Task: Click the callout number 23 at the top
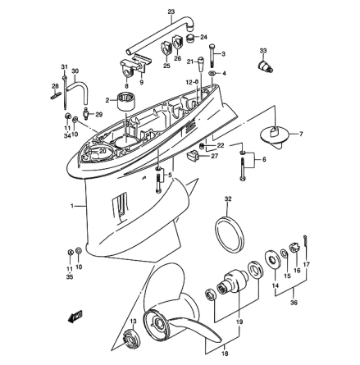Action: tap(171, 11)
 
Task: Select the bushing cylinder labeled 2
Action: tap(125, 102)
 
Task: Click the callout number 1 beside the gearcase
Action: tap(73, 205)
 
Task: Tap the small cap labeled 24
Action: tap(191, 38)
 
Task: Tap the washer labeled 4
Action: tap(212, 74)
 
